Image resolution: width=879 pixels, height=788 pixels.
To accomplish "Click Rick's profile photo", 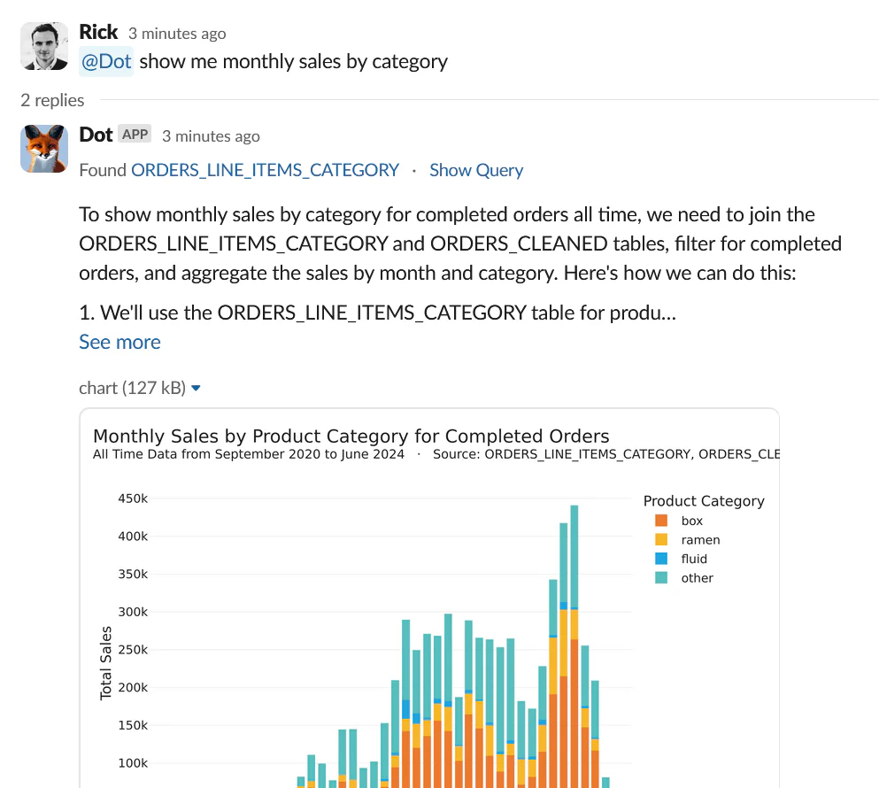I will (x=44, y=46).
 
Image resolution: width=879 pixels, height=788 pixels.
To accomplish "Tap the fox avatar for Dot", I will (x=44, y=148).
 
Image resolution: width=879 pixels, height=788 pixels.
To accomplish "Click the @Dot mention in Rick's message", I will (x=107, y=61).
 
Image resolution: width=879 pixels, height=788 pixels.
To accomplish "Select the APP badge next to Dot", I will (x=135, y=135).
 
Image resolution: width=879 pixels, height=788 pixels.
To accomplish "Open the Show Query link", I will (x=476, y=170).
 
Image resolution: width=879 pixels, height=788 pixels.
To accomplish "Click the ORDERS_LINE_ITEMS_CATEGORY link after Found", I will (x=265, y=170).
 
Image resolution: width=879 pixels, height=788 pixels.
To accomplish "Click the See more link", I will (x=120, y=342).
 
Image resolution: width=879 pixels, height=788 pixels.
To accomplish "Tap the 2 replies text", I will (x=52, y=100).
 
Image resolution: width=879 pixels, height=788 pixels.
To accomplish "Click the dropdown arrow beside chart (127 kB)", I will (x=197, y=388).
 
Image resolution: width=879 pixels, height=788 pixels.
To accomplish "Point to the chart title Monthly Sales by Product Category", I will (x=351, y=436).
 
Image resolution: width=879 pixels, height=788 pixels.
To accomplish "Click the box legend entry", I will (x=691, y=521).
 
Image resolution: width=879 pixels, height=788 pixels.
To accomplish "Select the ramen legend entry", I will (x=700, y=540).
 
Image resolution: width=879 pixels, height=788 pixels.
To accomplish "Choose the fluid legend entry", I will (x=694, y=559).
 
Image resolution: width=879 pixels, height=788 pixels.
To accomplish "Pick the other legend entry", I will (x=697, y=578).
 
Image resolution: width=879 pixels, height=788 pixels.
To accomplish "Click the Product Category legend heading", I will (x=704, y=501).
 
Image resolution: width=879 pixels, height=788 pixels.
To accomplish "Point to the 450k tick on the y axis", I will (x=132, y=498).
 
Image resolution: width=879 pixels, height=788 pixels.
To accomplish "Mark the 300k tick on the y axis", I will (x=132, y=612).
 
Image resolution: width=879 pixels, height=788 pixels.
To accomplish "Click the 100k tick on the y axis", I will (x=132, y=763).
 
